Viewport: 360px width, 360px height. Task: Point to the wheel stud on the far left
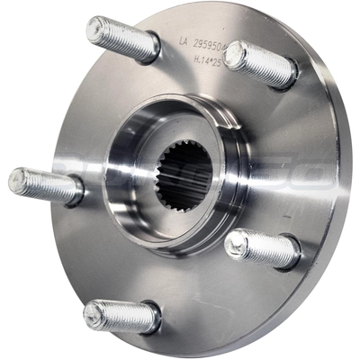pos(45,184)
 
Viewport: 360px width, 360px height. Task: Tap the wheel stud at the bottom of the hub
pos(121,316)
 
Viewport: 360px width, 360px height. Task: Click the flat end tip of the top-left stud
pos(96,30)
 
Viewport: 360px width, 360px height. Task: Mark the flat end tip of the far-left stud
pos(17,179)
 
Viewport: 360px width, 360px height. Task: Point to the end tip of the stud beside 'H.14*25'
pos(235,55)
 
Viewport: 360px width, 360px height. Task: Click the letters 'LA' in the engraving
pos(184,41)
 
